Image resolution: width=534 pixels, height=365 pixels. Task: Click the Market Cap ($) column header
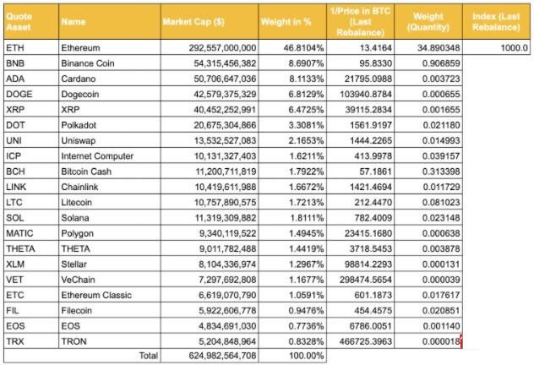193,22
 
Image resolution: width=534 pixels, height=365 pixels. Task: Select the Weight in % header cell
286,22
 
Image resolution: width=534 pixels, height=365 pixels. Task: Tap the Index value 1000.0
515,47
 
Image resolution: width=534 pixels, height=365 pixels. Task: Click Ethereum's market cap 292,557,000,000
223,47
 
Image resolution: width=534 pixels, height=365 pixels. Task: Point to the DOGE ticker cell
19,94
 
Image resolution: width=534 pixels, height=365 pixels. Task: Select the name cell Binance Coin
88,63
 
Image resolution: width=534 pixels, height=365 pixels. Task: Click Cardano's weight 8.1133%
307,79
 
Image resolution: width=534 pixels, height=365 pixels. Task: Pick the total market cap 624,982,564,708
223,356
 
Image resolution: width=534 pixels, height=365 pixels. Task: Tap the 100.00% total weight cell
307,356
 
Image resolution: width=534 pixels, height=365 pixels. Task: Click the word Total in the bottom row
149,356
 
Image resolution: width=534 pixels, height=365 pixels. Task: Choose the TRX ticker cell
15,341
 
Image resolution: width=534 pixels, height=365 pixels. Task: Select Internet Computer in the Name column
97,156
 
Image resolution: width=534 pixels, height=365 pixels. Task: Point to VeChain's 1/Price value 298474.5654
366,280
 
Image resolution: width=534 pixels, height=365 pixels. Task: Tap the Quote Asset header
19,22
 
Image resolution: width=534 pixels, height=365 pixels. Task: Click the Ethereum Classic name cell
96,295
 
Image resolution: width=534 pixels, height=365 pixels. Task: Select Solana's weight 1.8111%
307,218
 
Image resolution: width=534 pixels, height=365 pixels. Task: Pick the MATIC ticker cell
19,233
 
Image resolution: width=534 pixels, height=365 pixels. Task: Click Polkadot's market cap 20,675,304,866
225,125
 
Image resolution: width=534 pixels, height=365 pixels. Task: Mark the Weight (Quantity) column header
428,22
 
